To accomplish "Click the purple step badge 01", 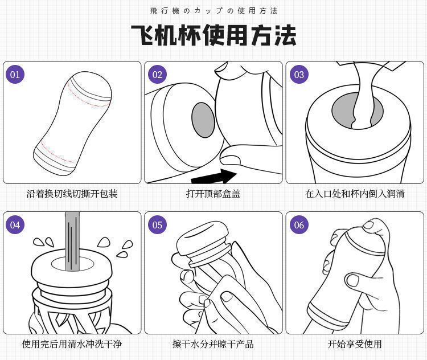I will (x=15, y=75).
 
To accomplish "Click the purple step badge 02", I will (x=157, y=75).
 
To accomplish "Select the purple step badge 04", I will (x=15, y=225).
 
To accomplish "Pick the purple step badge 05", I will (x=157, y=225).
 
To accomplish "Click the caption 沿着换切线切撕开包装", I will (x=72, y=194).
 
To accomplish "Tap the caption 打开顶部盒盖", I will (x=213, y=194).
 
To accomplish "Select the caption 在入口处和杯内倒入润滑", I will (x=355, y=194).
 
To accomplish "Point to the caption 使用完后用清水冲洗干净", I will (x=72, y=344).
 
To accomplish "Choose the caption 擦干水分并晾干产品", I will (x=213, y=344).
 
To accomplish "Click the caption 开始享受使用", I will (x=355, y=344).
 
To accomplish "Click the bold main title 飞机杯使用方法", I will (x=213, y=35).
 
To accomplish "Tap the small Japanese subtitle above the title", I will (x=213, y=11).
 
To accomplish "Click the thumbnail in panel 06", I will (x=354, y=280).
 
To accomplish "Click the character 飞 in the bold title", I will (x=145, y=35).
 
